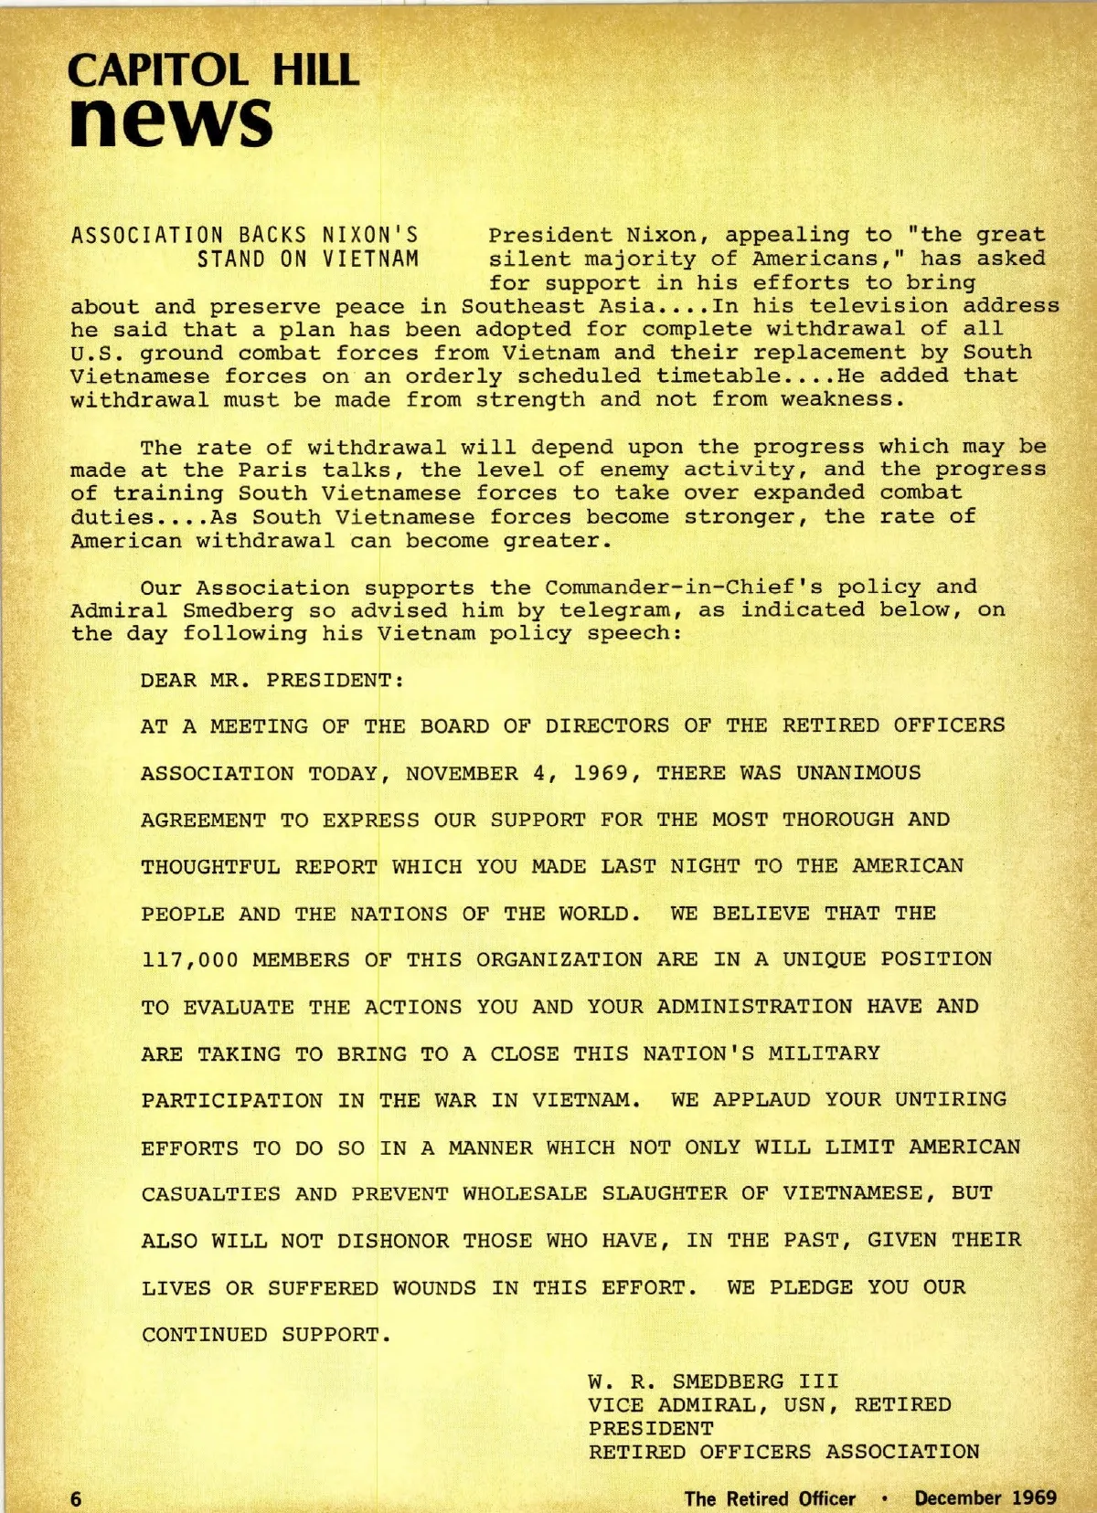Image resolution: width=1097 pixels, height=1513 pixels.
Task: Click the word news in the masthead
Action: point(171,122)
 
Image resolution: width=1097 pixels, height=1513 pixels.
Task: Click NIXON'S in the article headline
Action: point(370,236)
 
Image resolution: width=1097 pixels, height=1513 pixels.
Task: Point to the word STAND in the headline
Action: point(231,259)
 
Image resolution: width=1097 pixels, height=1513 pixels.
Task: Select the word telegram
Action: point(620,610)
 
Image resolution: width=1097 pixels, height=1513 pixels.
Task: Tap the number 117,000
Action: point(189,960)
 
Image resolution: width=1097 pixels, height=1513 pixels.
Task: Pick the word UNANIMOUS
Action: point(857,773)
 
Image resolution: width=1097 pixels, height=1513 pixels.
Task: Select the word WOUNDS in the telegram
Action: point(434,1288)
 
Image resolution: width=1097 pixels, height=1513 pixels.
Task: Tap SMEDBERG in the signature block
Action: point(728,1381)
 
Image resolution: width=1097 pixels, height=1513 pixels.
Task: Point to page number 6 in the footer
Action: point(76,1499)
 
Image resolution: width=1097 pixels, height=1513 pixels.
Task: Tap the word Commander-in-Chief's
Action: point(684,587)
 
